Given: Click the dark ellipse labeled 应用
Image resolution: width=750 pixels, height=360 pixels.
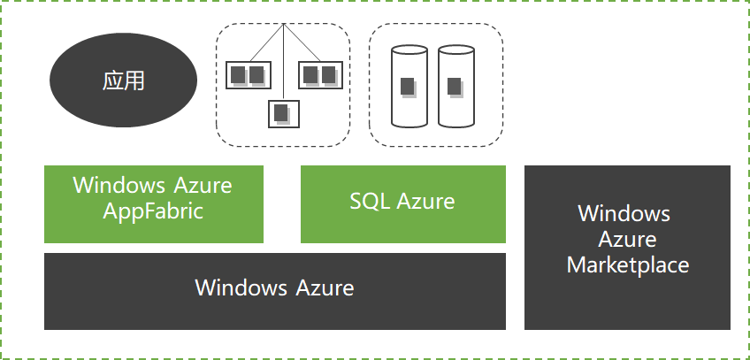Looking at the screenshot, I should click(123, 81).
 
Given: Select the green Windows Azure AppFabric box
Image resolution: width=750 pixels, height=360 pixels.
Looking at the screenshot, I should click(153, 204).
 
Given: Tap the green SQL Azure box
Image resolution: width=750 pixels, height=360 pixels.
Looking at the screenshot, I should click(402, 204).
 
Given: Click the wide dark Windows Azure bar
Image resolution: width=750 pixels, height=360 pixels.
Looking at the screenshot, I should click(274, 291).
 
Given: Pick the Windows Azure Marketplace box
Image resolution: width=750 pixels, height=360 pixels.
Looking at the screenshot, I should click(627, 247).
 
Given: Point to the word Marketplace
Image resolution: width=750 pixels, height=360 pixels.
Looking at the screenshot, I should click(627, 264).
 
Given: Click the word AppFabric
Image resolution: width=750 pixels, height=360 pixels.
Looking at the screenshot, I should click(153, 211).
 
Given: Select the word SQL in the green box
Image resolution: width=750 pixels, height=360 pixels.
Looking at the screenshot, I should click(367, 201).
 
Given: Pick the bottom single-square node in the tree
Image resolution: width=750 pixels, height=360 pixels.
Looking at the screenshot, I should click(283, 114).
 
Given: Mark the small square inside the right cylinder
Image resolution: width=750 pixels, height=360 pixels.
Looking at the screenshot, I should click(455, 87).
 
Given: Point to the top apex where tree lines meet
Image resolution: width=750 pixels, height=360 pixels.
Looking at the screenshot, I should click(283, 25).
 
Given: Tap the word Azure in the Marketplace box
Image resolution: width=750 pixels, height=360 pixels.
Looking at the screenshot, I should click(627, 239).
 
